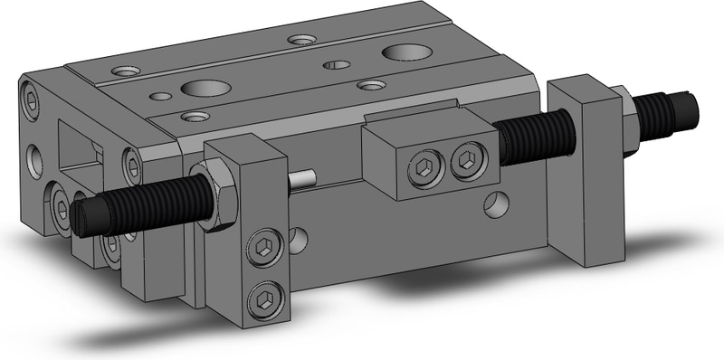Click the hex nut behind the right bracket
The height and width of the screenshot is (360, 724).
tap(624, 107)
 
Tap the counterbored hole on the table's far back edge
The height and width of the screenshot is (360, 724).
tap(301, 40)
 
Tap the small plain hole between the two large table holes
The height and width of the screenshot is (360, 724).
tap(337, 64)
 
